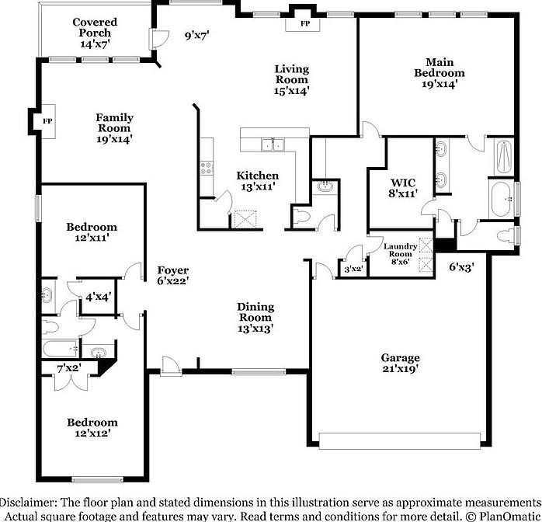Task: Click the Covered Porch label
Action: click(x=95, y=33)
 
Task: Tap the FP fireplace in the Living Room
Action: click(x=299, y=23)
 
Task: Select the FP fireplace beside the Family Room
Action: click(x=47, y=122)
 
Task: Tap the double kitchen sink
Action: click(x=272, y=144)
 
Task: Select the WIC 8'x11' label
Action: click(x=404, y=187)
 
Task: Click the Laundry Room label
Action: click(x=401, y=254)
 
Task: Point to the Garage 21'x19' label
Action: click(x=400, y=364)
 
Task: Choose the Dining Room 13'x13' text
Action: click(x=254, y=317)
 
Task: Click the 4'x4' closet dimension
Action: click(x=98, y=297)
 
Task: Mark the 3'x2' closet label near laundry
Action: click(x=353, y=269)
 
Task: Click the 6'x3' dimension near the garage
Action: click(x=461, y=267)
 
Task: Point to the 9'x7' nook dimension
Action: click(x=196, y=35)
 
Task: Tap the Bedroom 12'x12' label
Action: click(x=92, y=427)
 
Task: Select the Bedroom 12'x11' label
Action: click(x=92, y=232)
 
